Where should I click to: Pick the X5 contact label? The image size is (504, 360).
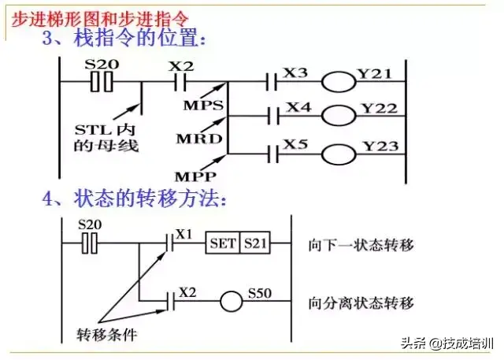pyautogui.click(x=296, y=143)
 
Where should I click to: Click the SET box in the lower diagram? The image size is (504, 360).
pyautogui.click(x=223, y=243)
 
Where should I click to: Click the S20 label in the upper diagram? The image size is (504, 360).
pyautogui.click(x=99, y=65)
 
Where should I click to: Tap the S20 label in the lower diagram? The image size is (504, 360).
pyautogui.click(x=91, y=226)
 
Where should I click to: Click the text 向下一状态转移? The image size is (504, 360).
pyautogui.click(x=361, y=244)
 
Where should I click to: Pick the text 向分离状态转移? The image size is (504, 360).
pyautogui.click(x=361, y=301)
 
